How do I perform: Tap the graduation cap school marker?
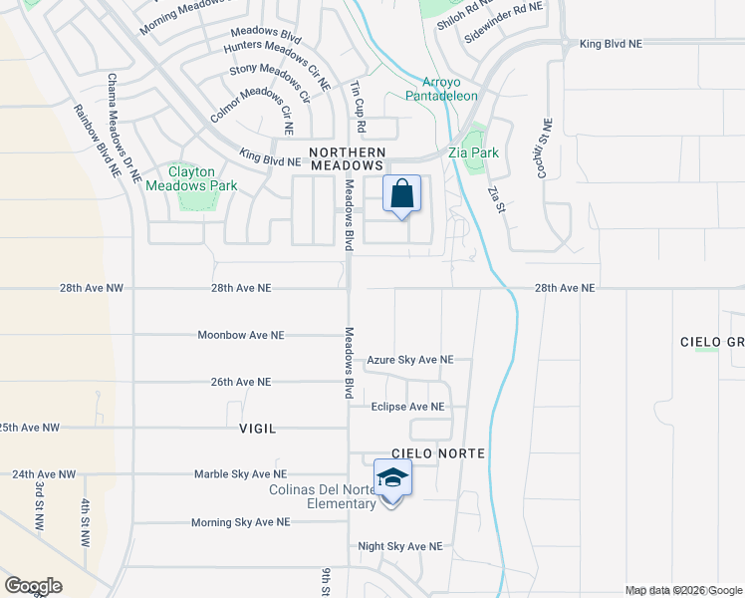point(392,479)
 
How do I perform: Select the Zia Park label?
point(473,153)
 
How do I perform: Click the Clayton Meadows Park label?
point(191,178)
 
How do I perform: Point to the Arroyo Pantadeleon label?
point(441,89)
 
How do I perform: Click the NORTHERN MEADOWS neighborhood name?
point(346,157)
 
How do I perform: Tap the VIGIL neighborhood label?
point(257,428)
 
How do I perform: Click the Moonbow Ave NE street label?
point(241,335)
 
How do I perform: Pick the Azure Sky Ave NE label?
point(410,360)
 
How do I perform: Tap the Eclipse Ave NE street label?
point(407,407)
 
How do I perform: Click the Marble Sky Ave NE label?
point(240,474)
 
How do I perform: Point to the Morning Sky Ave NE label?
point(240,521)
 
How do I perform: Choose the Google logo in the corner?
point(33,586)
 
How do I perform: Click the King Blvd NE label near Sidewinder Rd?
point(611,45)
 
